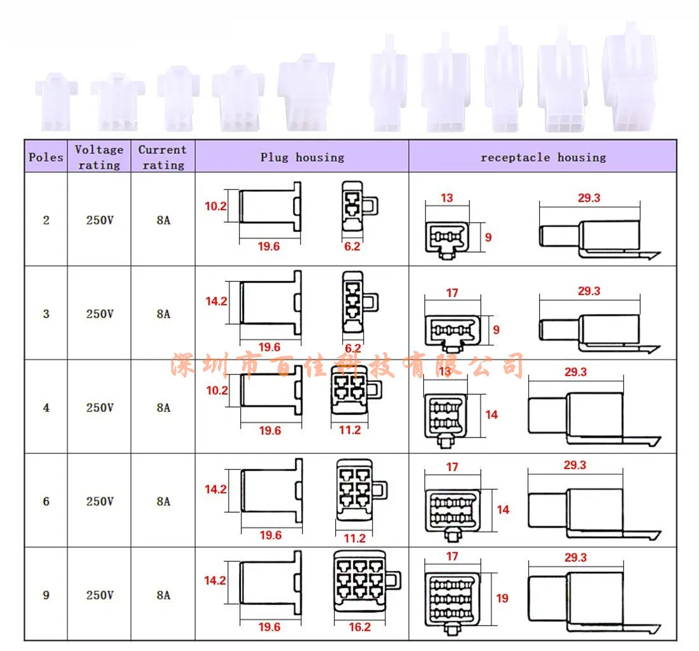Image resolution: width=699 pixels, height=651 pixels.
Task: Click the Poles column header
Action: (x=46, y=157)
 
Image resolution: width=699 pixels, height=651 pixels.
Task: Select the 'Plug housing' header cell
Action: (x=301, y=157)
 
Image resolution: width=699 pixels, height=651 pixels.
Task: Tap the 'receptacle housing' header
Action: (x=543, y=157)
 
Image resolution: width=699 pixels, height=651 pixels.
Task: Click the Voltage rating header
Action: (x=99, y=157)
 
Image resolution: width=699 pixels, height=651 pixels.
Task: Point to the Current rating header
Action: (x=162, y=157)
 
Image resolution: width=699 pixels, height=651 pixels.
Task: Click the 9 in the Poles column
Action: (x=46, y=595)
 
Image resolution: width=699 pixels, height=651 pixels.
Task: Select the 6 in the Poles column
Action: (x=46, y=501)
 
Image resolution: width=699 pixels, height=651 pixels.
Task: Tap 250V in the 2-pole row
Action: (x=100, y=221)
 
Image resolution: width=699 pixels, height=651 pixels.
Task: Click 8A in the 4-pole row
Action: (x=164, y=407)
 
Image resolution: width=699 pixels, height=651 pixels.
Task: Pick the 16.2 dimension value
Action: (x=359, y=627)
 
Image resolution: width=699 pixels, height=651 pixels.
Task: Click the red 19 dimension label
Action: (x=502, y=598)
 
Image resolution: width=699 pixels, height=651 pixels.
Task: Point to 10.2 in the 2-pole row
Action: (x=216, y=206)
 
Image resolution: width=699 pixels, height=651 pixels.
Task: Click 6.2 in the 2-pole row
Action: (x=352, y=246)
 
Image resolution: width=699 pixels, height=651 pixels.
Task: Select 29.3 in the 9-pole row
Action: (x=575, y=557)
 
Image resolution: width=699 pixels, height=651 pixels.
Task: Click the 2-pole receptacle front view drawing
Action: (x=447, y=240)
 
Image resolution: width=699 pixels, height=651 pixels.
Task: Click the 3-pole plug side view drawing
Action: (x=271, y=304)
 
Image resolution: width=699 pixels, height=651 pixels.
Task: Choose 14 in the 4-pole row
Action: (x=491, y=415)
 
